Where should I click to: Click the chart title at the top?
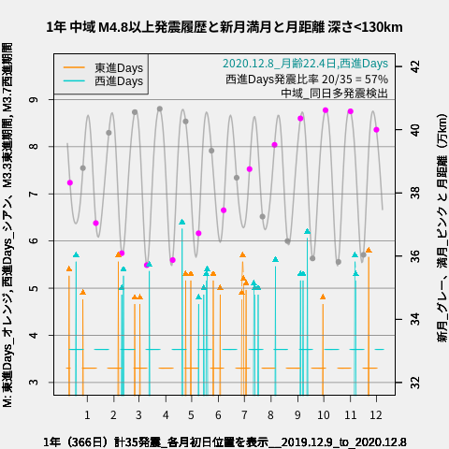(x=224, y=27)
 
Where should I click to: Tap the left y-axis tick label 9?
(x=34, y=99)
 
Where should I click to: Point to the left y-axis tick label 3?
(x=34, y=383)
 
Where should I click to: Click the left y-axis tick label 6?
(x=34, y=241)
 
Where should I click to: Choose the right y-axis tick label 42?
(x=413, y=66)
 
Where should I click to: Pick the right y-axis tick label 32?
(x=413, y=383)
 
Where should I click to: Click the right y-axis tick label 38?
(x=413, y=193)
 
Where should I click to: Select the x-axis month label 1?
(x=87, y=414)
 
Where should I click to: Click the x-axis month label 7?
(x=244, y=414)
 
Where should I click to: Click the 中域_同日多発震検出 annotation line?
(x=334, y=94)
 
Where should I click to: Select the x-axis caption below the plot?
(x=224, y=442)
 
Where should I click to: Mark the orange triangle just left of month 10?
(x=323, y=297)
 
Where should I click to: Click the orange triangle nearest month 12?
(x=369, y=250)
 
